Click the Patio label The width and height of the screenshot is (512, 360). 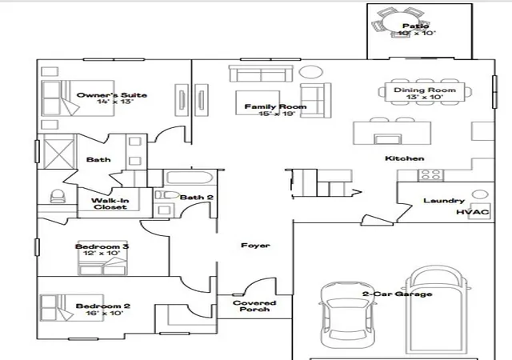pos(415,26)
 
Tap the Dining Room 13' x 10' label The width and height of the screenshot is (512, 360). pos(425,93)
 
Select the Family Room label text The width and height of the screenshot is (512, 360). pos(275,106)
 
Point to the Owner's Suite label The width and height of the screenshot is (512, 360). pos(112,95)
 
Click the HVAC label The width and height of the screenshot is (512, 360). pos(473,212)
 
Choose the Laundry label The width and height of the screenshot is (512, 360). pos(444,201)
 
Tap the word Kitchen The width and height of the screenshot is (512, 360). pos(405,158)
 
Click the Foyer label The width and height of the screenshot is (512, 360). pos(255,246)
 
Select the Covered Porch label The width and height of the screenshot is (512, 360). pos(254,306)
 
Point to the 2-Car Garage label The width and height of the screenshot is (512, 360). pos(397,294)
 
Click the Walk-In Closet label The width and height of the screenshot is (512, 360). pos(110,204)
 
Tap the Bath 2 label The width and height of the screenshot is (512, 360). pos(197,198)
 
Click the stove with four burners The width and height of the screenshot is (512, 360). pos(430,175)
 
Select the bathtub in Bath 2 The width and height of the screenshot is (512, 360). pos(190,178)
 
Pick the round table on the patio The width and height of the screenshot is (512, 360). pos(400,23)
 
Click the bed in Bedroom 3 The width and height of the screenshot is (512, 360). pos(102,258)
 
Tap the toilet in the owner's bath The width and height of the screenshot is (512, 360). pos(58,196)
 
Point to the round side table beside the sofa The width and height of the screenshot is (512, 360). pos(311,72)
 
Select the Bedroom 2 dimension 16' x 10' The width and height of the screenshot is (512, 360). pos(105,314)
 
